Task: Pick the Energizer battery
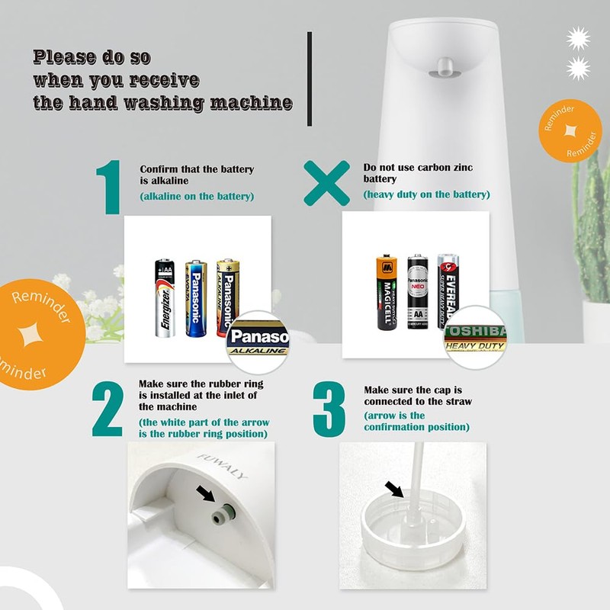pos(165,298)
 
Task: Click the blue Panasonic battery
pos(195,298)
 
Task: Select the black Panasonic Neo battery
pos(416,292)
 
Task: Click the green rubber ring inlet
pos(222,516)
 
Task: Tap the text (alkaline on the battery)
pos(197,197)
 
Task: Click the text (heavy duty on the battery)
pos(425,194)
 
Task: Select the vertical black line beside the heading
pos(310,79)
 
